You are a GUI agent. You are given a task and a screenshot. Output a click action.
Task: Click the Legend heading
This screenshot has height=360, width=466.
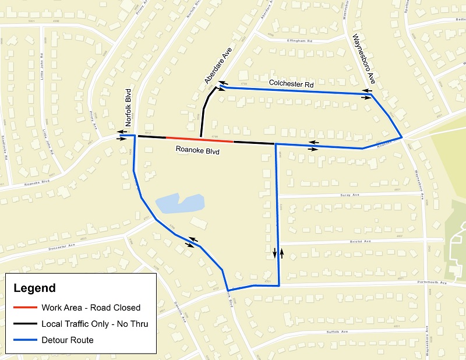[x=34, y=288]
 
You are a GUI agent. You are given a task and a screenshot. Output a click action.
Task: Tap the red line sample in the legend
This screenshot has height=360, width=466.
[x=24, y=308]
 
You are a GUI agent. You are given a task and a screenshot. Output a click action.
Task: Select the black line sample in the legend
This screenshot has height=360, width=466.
[x=24, y=324]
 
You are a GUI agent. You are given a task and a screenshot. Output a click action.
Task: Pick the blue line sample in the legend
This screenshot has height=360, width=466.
[x=24, y=340]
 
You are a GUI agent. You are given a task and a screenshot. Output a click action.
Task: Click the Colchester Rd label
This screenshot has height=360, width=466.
[x=291, y=84]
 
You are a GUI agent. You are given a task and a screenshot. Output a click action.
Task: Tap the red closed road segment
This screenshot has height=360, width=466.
[x=200, y=139]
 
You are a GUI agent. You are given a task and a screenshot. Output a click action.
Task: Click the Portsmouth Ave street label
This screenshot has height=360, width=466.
[x=432, y=283]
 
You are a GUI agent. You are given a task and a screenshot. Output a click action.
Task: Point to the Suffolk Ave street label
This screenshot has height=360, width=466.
[x=336, y=331]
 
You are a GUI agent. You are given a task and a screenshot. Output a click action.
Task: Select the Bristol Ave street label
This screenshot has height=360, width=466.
[x=361, y=241]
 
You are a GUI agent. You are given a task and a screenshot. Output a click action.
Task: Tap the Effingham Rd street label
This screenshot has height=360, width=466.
[x=300, y=41]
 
